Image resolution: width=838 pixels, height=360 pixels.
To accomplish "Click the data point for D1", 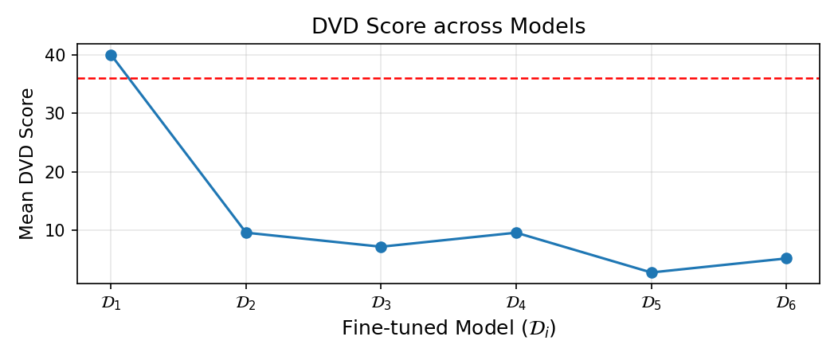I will (x=111, y=55).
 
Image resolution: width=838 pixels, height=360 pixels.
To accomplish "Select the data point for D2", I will (x=246, y=233).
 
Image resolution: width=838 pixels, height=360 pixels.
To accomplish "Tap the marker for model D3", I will (x=381, y=247).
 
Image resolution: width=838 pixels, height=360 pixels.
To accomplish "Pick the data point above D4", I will (x=516, y=233).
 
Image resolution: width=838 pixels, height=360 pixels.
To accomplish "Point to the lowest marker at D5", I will (x=652, y=272).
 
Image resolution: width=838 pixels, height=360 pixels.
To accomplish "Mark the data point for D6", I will (x=786, y=258).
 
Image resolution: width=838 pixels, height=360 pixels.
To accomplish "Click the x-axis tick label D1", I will (x=111, y=303).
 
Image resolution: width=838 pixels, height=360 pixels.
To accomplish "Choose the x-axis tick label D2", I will (x=246, y=303).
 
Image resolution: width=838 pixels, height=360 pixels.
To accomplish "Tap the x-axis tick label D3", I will (x=381, y=303).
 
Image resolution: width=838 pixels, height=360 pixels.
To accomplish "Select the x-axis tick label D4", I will (x=516, y=303).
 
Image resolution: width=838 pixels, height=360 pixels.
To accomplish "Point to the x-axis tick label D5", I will (x=652, y=303).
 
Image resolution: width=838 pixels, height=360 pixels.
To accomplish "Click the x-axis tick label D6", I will (x=786, y=303).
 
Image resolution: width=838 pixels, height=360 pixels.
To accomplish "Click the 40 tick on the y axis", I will (x=61, y=55).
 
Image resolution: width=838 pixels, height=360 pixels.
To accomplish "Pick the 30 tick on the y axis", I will (x=61, y=113).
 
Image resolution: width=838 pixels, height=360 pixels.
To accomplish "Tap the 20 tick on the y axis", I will (x=61, y=172).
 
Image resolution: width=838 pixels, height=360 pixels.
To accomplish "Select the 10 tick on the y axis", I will (x=61, y=230).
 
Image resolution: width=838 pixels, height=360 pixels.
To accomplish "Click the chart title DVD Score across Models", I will (x=448, y=26).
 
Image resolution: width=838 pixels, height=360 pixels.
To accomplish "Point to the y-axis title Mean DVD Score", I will (x=27, y=163).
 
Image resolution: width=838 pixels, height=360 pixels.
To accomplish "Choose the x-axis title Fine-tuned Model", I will (x=448, y=328).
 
